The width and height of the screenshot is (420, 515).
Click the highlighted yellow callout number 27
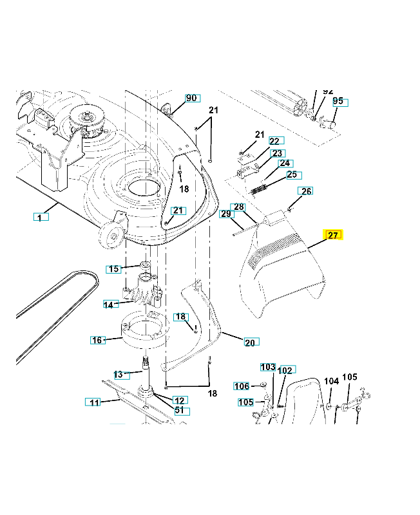(334, 235)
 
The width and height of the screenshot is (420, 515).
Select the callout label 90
(191, 98)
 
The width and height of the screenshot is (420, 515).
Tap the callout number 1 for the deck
(40, 218)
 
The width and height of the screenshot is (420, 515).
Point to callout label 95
(339, 102)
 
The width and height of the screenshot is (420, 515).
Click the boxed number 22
(275, 141)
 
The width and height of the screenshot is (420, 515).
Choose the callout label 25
(292, 174)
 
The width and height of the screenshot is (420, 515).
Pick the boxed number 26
(306, 191)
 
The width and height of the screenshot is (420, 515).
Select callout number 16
(97, 339)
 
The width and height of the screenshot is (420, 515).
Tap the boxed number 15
(114, 268)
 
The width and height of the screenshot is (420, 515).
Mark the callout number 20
(250, 342)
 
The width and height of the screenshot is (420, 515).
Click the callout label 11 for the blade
(94, 402)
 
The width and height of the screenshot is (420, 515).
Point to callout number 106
(242, 386)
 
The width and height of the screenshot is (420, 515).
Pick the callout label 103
(267, 367)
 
